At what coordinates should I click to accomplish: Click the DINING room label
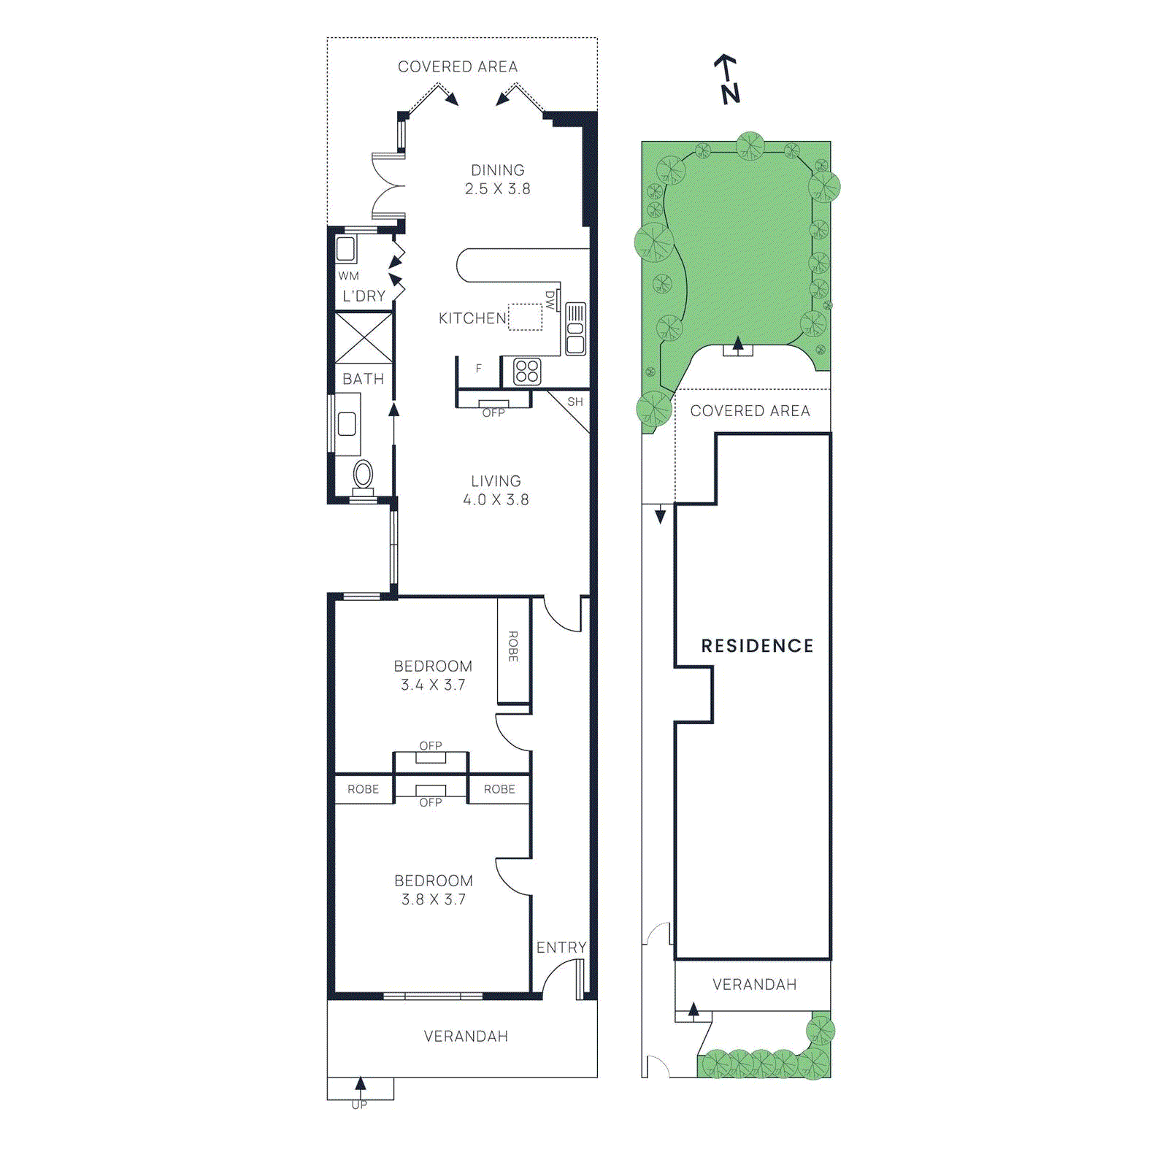click(497, 170)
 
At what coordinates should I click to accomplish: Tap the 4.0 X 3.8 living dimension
click(496, 500)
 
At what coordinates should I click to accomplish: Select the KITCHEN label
click(472, 318)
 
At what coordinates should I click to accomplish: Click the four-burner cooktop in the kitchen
click(526, 372)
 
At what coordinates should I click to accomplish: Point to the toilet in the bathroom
click(363, 475)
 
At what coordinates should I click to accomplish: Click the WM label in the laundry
click(348, 276)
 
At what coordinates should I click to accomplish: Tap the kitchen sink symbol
click(575, 329)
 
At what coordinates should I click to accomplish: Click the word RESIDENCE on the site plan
click(757, 646)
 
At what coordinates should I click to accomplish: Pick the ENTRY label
click(561, 948)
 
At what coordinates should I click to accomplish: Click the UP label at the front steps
click(359, 1105)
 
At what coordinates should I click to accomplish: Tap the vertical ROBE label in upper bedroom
click(513, 647)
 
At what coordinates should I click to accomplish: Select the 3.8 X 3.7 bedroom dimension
click(433, 899)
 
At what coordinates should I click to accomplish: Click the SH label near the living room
click(575, 402)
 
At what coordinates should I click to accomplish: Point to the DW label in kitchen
click(550, 300)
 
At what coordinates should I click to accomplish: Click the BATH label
click(363, 379)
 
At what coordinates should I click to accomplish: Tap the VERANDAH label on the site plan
click(754, 985)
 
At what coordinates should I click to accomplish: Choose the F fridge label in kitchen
click(479, 369)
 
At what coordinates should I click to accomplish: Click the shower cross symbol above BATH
click(364, 337)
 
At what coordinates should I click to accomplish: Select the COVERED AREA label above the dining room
click(458, 66)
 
